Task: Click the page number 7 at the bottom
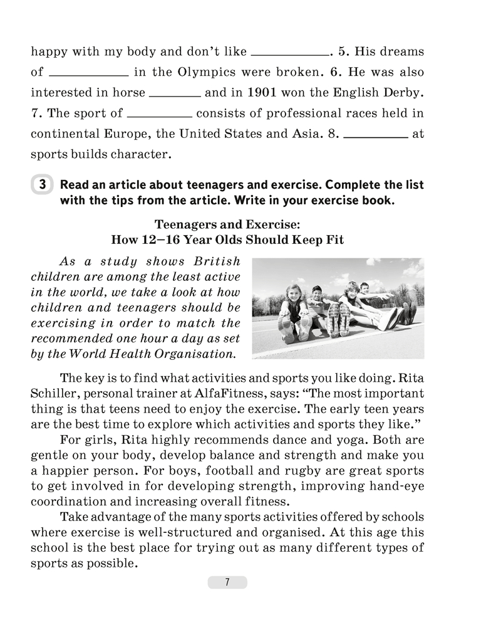(227, 582)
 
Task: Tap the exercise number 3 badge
(42, 185)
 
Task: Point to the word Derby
(401, 92)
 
